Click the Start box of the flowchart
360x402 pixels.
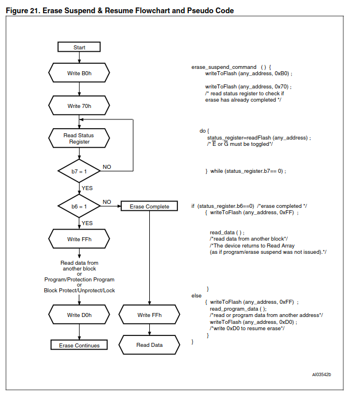(x=79, y=47)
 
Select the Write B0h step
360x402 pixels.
(x=79, y=74)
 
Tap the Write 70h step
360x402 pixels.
(x=79, y=106)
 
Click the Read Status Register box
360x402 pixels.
(x=79, y=138)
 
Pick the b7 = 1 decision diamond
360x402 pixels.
(x=79, y=171)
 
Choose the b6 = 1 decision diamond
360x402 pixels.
(x=79, y=206)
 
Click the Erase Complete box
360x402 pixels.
(x=149, y=206)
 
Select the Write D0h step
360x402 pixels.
(x=79, y=315)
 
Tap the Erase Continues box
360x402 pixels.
(x=79, y=345)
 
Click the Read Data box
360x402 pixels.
(x=149, y=345)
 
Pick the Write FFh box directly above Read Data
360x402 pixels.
(x=149, y=315)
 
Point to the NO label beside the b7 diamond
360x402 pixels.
(x=107, y=167)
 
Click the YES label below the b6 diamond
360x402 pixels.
(x=87, y=223)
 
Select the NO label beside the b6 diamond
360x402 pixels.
(x=107, y=202)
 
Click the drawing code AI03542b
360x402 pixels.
(x=322, y=374)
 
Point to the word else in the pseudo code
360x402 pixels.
(x=196, y=295)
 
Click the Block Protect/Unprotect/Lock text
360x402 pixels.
(x=79, y=291)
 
